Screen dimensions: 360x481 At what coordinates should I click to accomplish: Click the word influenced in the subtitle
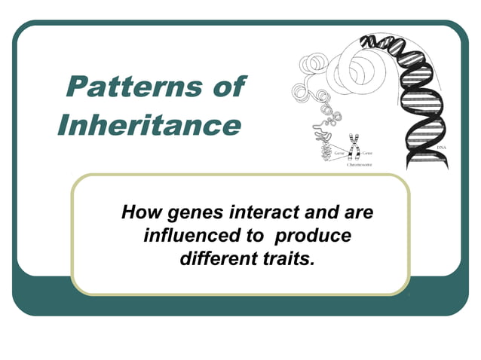coord(188,236)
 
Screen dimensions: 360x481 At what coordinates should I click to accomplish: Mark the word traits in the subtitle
coord(287,259)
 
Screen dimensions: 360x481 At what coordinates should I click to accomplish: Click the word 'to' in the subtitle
coord(254,236)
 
